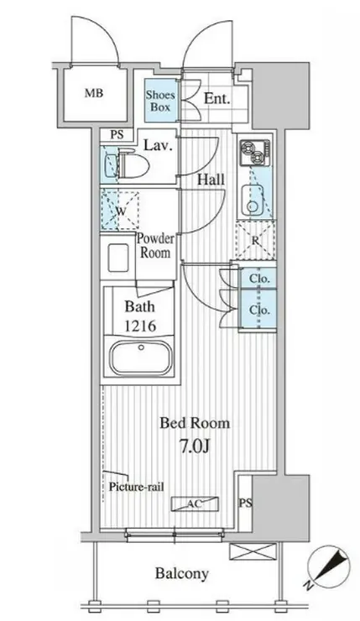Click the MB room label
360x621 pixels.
94,93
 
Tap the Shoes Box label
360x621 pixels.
160,101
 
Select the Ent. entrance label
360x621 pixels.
217,98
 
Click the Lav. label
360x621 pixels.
158,145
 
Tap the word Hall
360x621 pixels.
211,180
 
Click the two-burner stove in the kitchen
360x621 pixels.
255,154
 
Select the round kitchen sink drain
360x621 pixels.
252,206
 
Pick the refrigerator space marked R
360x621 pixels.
255,240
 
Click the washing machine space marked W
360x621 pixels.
120,211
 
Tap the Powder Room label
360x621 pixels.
155,246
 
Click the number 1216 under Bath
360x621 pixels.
140,326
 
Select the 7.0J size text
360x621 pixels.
194,446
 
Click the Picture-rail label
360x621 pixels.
136,487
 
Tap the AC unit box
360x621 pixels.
195,504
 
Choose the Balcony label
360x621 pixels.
182,573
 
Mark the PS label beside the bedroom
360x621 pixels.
245,503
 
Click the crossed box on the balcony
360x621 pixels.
253,551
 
